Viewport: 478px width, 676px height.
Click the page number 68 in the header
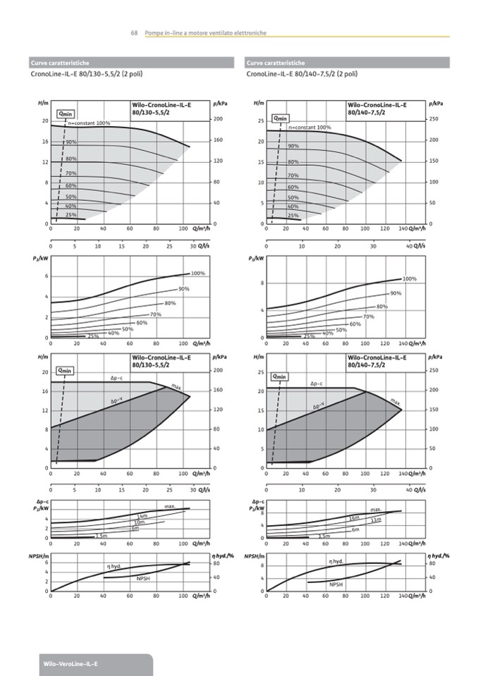tap(134, 33)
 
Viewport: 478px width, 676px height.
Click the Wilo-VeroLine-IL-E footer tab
tap(71, 665)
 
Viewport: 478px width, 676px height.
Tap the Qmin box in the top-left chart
tap(66, 113)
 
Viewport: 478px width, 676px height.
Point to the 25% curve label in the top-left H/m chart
tap(71, 214)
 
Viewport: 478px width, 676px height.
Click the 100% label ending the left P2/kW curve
tap(198, 273)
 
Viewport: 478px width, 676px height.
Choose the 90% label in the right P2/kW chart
tap(396, 293)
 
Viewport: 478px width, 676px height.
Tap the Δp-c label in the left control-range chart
tap(117, 378)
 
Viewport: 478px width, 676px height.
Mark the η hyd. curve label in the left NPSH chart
tap(114, 566)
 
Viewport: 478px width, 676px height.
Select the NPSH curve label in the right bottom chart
tap(336, 584)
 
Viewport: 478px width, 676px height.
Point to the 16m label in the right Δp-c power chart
tap(355, 518)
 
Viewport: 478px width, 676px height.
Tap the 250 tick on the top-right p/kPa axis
tap(434, 119)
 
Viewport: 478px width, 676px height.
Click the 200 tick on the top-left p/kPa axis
tap(218, 119)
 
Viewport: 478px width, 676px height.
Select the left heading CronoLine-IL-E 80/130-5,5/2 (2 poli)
tap(78, 73)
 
